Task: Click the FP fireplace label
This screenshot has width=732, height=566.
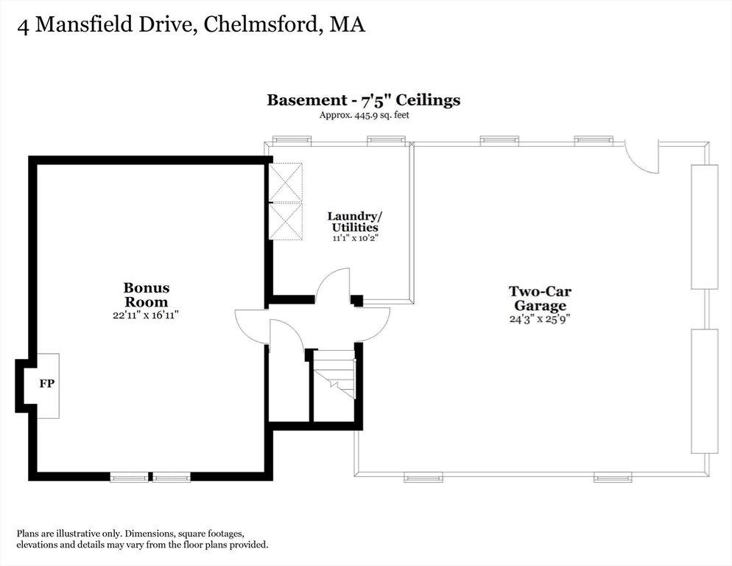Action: (46, 384)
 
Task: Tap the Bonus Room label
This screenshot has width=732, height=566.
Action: (146, 295)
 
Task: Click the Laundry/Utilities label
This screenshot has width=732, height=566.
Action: (355, 222)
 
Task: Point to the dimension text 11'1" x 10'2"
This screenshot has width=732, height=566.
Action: (355, 238)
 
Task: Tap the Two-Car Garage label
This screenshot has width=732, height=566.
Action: (540, 298)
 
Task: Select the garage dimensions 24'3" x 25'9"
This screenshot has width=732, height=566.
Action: (540, 319)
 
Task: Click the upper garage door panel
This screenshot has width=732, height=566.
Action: (703, 226)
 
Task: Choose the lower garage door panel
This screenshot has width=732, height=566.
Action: (703, 391)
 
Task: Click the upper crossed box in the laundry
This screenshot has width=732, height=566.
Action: (285, 182)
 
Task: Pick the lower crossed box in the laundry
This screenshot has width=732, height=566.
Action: (285, 220)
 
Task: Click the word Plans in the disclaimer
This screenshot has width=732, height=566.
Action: (29, 534)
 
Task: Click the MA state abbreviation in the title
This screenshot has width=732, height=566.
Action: (347, 24)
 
